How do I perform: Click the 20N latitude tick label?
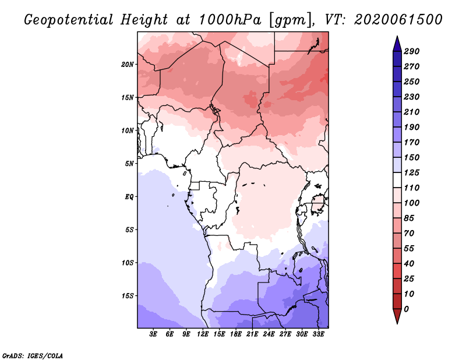(128, 65)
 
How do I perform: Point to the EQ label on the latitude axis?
(129, 197)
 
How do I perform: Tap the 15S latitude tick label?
(128, 296)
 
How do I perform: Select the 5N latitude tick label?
(129, 164)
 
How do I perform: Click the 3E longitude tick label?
(153, 334)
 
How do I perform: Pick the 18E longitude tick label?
(235, 334)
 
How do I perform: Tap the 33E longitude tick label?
(318, 334)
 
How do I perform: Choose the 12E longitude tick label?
(202, 334)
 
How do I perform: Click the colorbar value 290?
(411, 51)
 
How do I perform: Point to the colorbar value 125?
(411, 172)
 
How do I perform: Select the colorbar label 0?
(406, 309)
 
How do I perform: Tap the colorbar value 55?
(409, 249)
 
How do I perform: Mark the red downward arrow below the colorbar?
(397, 316)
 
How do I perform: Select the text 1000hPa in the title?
(230, 20)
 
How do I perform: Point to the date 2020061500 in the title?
(398, 20)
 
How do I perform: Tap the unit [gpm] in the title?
(292, 20)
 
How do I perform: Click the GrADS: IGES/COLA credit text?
(33, 356)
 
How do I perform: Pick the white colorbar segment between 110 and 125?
(397, 180)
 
